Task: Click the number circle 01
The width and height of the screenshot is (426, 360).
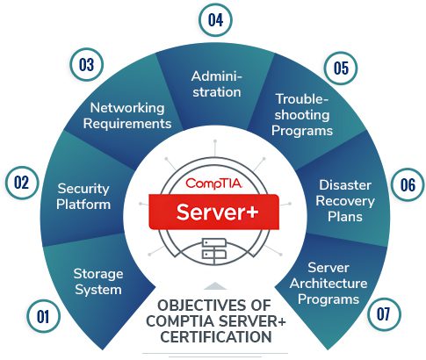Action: [x=43, y=316]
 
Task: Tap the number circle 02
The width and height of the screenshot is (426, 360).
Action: [x=22, y=183]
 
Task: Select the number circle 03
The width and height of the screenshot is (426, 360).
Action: [x=87, y=64]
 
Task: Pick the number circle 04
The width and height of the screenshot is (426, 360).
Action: [x=215, y=20]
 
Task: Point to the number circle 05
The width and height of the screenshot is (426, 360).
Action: [x=342, y=68]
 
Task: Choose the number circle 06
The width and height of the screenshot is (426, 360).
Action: [x=408, y=184]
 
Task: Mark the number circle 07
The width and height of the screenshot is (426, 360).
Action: [x=384, y=314]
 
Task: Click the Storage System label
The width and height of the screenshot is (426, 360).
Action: [x=98, y=282]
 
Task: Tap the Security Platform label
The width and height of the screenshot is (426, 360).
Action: [x=83, y=196]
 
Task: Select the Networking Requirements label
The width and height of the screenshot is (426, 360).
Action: [x=127, y=116]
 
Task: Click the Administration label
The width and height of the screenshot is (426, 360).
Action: [x=217, y=84]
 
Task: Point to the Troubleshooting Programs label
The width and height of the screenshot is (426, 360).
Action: [x=302, y=115]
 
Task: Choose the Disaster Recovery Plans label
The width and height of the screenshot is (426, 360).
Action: [x=345, y=201]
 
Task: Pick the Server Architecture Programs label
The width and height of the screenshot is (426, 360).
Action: [x=329, y=284]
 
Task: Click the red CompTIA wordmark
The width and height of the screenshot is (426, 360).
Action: [x=213, y=184]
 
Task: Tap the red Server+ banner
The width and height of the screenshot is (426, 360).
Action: [x=214, y=212]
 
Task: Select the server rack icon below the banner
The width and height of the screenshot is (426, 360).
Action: [x=214, y=249]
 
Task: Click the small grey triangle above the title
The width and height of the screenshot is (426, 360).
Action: [x=215, y=286]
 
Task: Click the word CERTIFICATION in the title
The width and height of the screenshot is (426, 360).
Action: [x=216, y=337]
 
